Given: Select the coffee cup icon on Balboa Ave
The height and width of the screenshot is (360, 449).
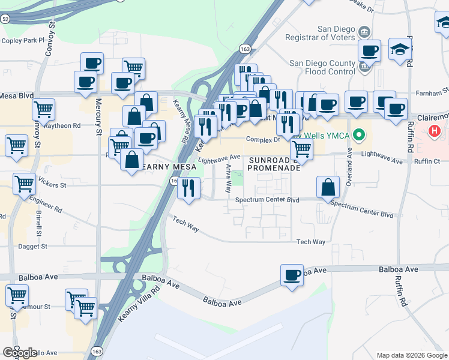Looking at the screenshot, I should point(292,275).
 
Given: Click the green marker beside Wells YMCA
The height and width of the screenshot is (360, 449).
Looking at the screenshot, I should point(359,134).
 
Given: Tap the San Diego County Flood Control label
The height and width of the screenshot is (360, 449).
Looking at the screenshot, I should point(322,67).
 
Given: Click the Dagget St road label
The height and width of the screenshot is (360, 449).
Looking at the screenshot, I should point(32,246).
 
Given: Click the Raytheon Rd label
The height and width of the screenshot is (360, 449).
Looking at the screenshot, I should point(61,125).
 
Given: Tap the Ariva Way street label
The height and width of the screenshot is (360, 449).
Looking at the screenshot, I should point(228,179).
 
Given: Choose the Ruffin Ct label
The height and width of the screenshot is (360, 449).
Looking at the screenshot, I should point(427,161).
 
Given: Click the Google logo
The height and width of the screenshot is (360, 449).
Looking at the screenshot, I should point(20,353).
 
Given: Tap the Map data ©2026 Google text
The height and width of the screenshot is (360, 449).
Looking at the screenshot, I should point(411,355).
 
